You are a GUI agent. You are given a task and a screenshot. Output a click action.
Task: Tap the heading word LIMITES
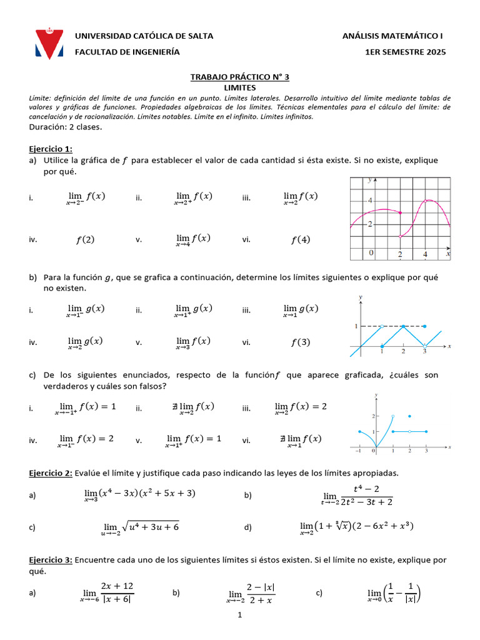click(x=239, y=88)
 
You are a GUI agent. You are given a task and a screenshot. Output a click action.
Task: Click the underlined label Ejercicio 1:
click(x=51, y=149)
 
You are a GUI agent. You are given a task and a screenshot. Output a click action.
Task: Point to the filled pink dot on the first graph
click(x=400, y=212)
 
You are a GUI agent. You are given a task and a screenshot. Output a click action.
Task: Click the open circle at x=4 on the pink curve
click(x=426, y=201)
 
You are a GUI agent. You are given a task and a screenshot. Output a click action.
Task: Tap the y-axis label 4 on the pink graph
click(x=369, y=201)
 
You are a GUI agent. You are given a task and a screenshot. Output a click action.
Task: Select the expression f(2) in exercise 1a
click(x=85, y=239)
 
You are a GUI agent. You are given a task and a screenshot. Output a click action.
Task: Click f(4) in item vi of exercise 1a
click(x=301, y=239)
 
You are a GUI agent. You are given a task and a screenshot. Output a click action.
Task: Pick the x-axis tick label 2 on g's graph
click(x=403, y=352)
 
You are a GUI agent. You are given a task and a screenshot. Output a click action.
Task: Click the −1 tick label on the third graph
click(x=359, y=450)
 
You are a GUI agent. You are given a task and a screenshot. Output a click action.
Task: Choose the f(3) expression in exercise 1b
click(x=301, y=342)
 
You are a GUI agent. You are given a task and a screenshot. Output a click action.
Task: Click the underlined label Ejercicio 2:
click(x=51, y=472)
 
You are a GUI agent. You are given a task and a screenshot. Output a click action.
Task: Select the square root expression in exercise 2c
click(x=150, y=527)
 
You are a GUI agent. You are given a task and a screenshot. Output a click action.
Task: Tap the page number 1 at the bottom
click(x=239, y=616)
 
